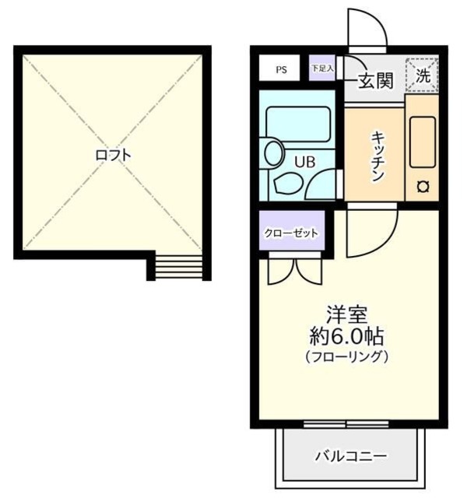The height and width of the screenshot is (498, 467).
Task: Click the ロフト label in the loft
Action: [x=114, y=155]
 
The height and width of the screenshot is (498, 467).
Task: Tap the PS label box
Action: [x=281, y=69]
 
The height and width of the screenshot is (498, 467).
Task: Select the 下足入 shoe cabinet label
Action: [x=321, y=68]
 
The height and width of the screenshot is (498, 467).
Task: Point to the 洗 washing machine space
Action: [x=422, y=75]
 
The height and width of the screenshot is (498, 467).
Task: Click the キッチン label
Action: [x=375, y=154]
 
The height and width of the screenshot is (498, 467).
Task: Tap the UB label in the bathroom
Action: [x=304, y=161]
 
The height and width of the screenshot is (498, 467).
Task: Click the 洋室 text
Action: [x=346, y=317]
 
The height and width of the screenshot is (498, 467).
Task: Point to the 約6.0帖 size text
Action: [x=346, y=338]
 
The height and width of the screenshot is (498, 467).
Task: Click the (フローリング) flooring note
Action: [x=346, y=357]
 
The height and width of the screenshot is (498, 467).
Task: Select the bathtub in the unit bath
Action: [x=298, y=123]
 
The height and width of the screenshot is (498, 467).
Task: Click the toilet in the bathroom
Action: [x=275, y=153]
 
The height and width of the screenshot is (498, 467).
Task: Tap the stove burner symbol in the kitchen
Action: [x=424, y=186]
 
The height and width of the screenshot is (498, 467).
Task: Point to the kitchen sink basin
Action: [x=423, y=141]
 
